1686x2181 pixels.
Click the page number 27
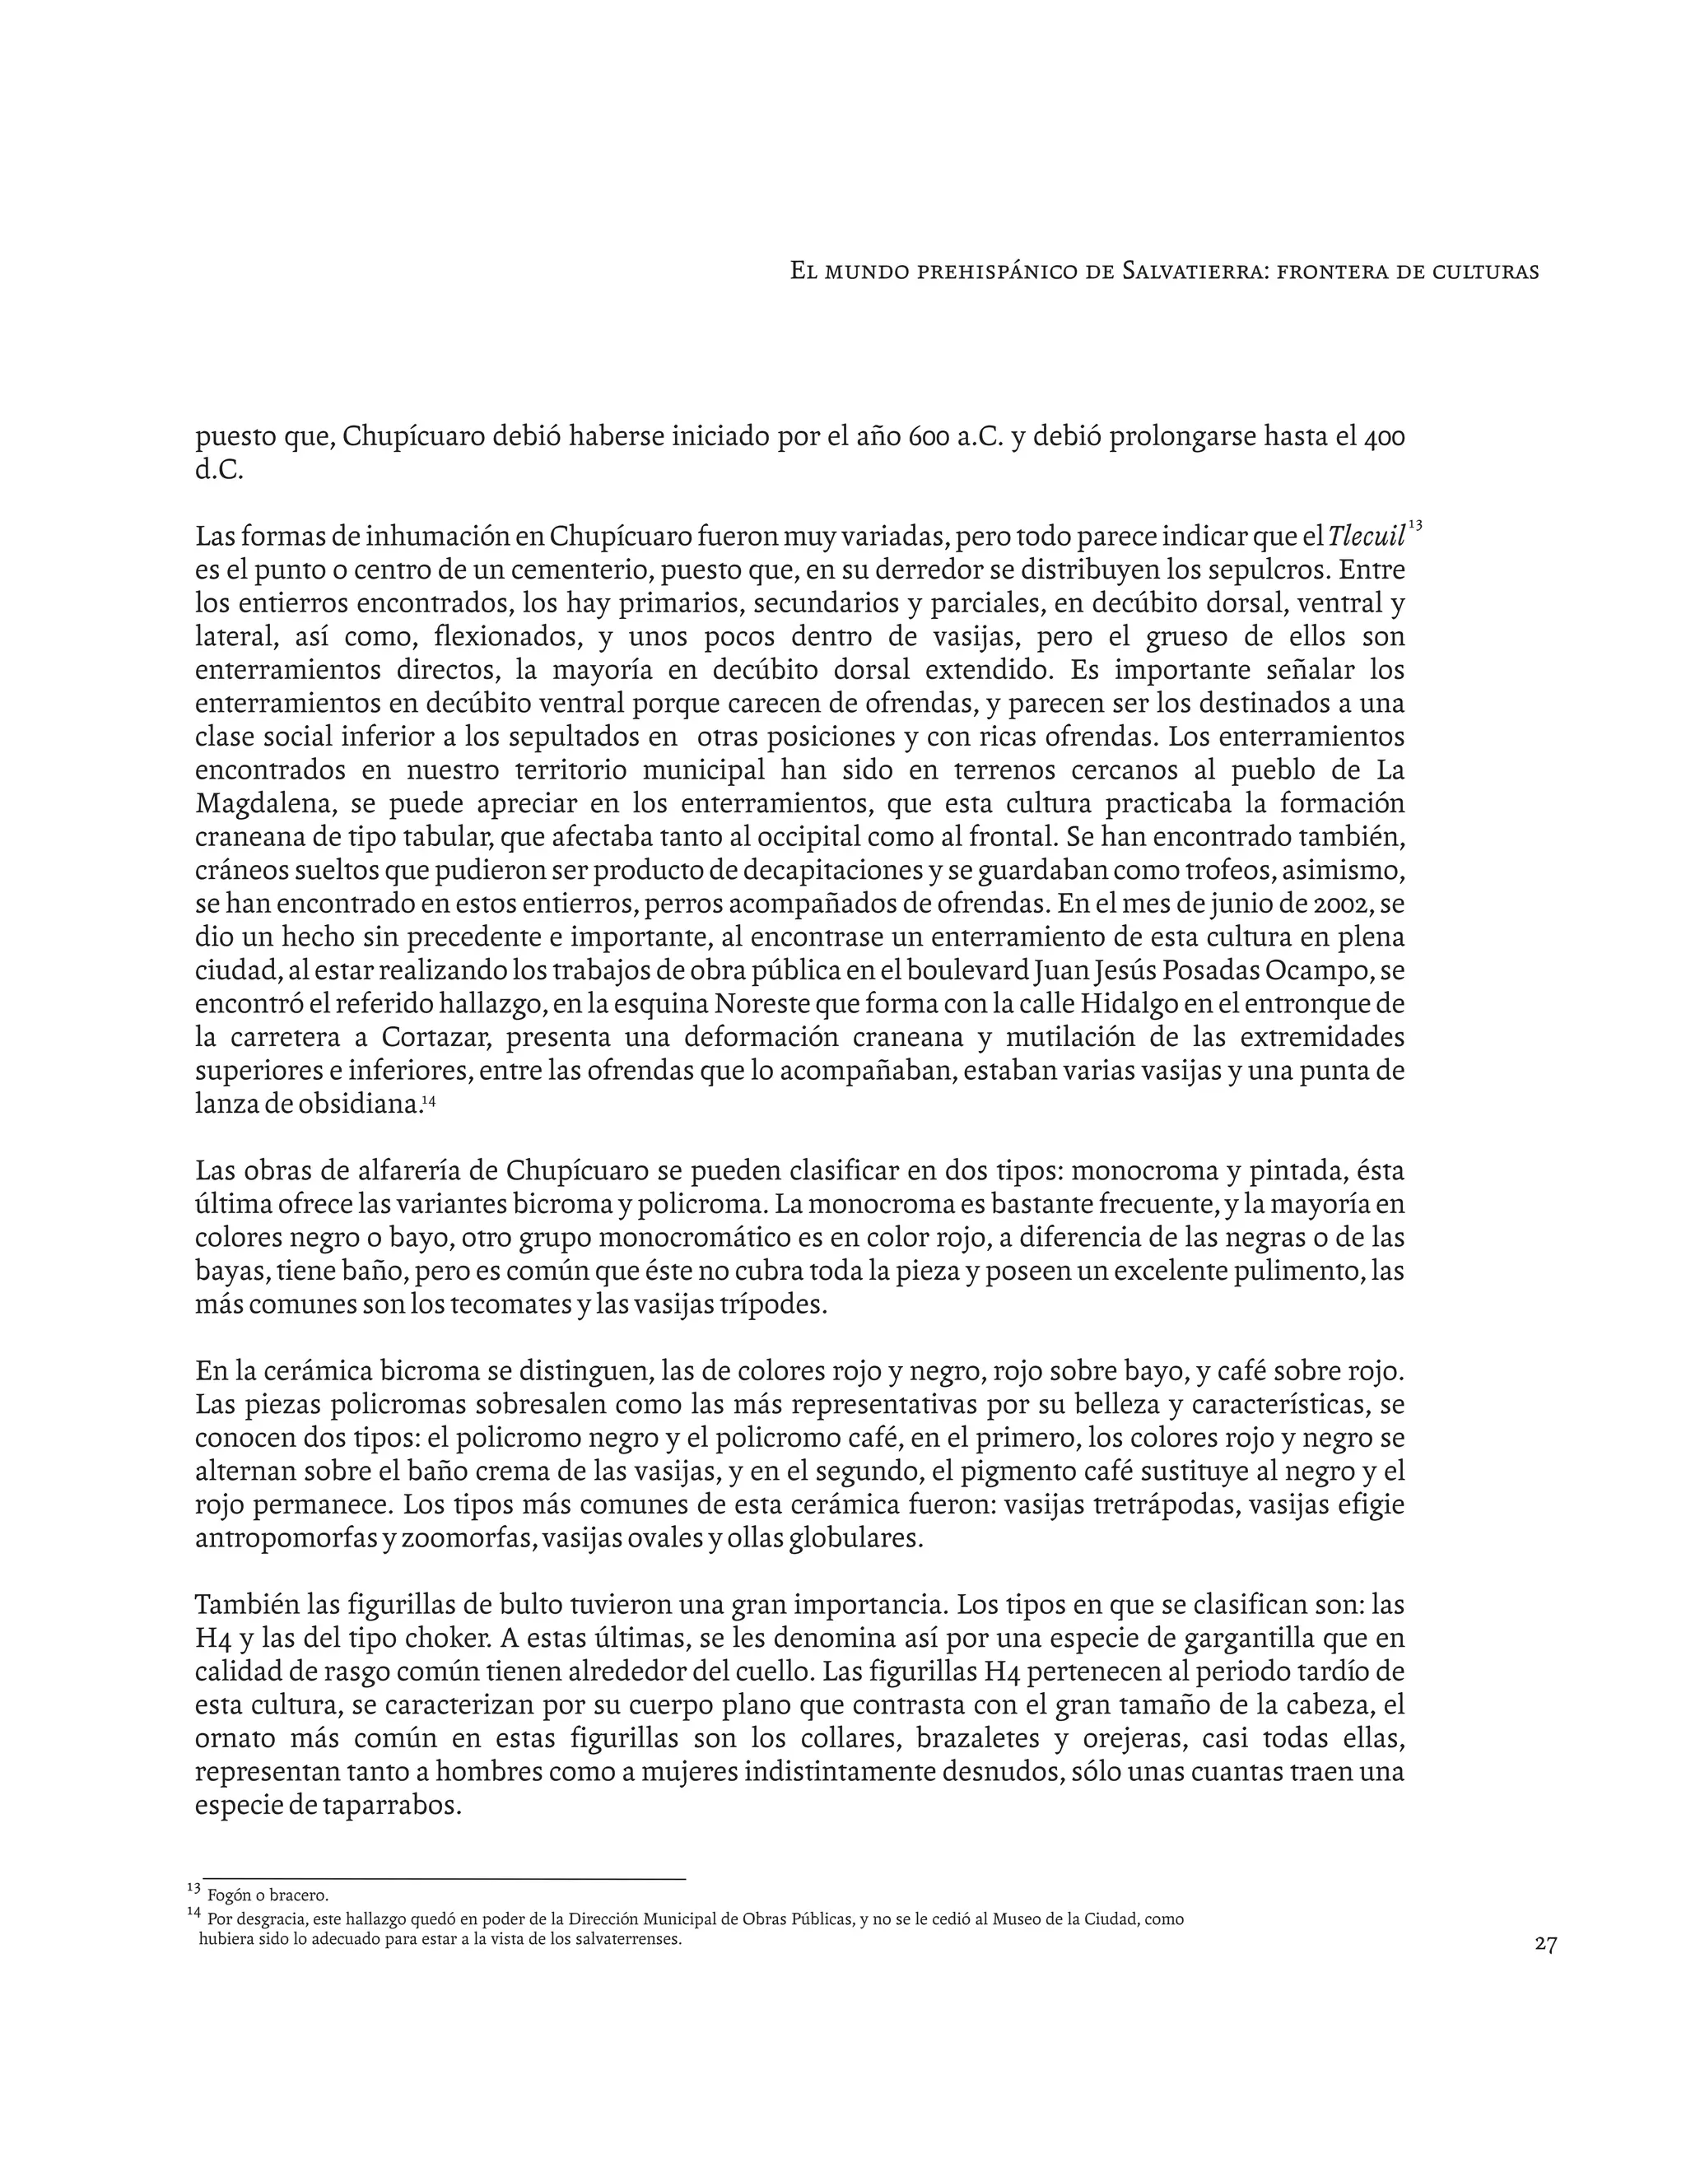pos(1545,1944)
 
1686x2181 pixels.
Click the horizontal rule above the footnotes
pos(444,1878)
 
